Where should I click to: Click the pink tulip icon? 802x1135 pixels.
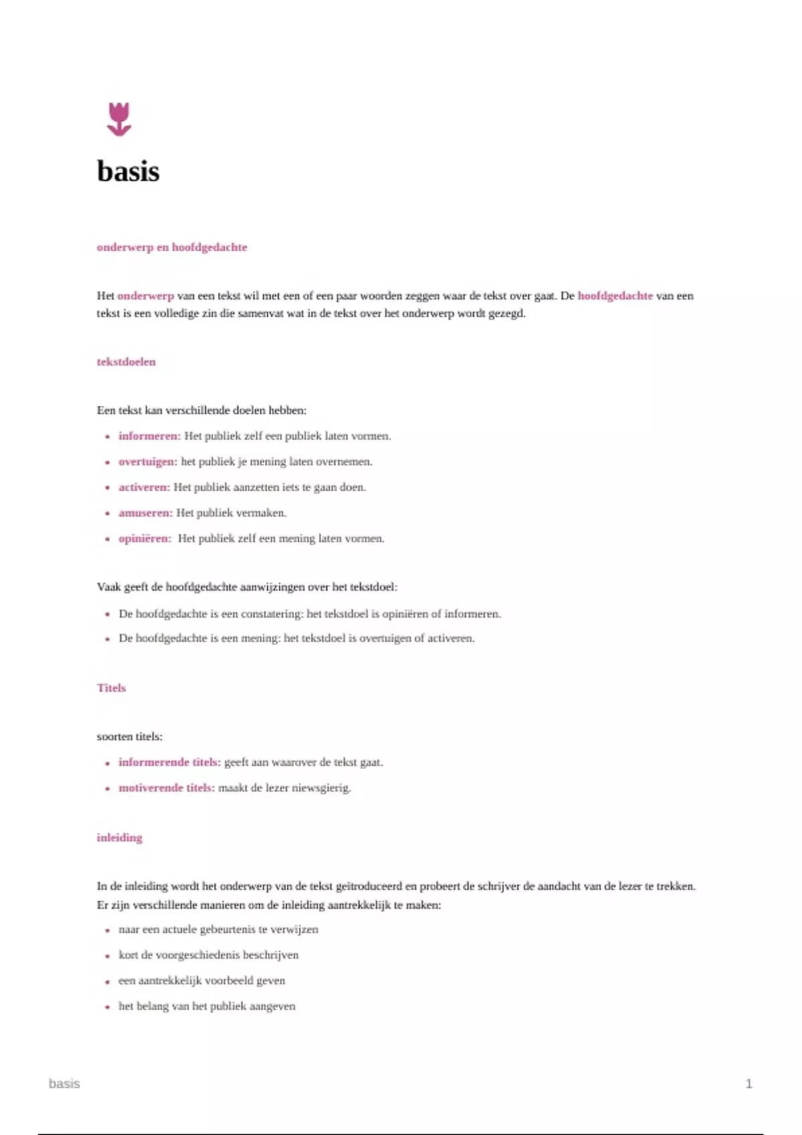point(119,120)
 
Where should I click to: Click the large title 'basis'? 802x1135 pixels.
point(128,172)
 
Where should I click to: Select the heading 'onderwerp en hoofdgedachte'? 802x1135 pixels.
point(172,247)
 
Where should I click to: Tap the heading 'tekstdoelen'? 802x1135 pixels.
point(126,362)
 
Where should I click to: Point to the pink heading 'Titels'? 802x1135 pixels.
point(111,688)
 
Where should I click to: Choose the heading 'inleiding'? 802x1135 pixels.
point(120,837)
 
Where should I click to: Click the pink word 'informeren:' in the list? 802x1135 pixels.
point(149,436)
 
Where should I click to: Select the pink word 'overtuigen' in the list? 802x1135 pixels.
point(147,461)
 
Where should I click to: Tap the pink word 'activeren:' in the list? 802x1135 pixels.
point(144,487)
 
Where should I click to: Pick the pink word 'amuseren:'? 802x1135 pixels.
point(145,513)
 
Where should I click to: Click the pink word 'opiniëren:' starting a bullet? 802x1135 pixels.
point(144,539)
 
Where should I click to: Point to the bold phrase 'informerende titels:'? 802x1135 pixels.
point(169,762)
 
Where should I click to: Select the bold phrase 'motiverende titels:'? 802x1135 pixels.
point(166,788)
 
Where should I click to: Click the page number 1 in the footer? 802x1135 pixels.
point(749,1084)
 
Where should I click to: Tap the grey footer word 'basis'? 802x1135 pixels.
point(64,1084)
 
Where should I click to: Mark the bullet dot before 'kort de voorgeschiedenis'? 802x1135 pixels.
point(107,956)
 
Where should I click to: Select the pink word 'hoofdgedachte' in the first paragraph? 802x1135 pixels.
point(615,296)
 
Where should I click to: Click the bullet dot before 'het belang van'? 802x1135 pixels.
point(107,1007)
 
